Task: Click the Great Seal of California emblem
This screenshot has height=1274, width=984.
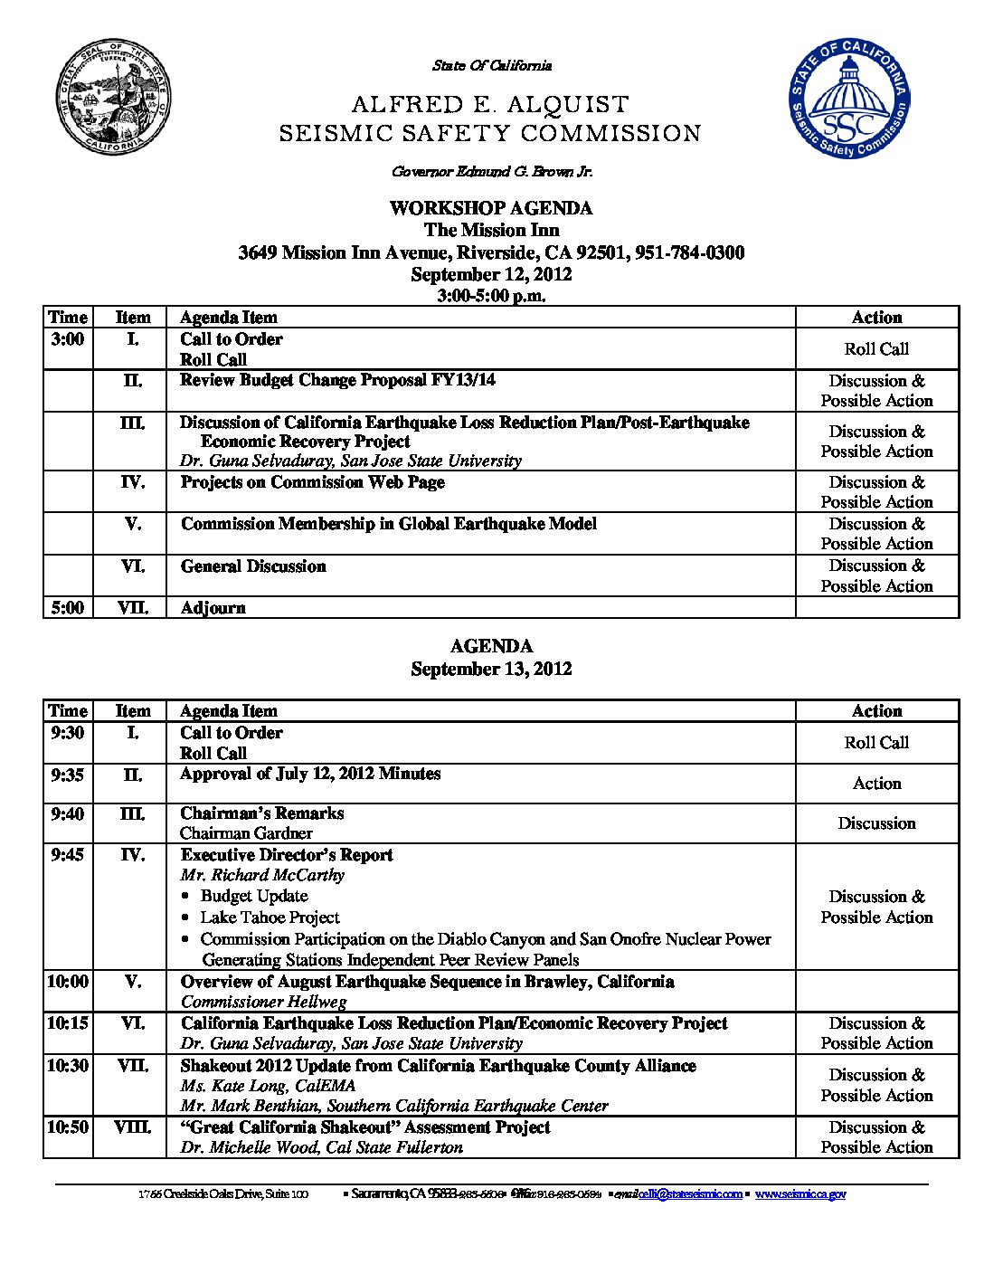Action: [x=113, y=98]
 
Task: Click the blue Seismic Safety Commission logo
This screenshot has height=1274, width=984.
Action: [x=847, y=99]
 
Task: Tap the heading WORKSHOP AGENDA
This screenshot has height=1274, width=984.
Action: [x=491, y=208]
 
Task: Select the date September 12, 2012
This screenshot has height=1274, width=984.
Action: [x=491, y=274]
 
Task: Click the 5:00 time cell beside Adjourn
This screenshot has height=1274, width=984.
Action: [x=68, y=608]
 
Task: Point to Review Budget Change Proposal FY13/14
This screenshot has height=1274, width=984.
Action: [x=337, y=380]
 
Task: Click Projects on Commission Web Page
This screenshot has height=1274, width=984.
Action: [x=312, y=482]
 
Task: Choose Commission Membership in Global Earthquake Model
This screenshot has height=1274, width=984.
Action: [x=389, y=524]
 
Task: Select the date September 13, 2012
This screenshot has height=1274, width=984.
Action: [x=491, y=669]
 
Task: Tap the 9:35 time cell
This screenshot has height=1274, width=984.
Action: [x=68, y=775]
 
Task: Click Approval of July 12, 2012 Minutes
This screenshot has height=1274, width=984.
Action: [x=310, y=774]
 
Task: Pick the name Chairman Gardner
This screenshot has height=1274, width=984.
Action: [x=246, y=833]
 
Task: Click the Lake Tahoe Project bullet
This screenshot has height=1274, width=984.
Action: [x=270, y=917]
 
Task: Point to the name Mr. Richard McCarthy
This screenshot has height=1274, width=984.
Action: [x=262, y=875]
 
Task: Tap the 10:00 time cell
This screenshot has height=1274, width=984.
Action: [x=68, y=982]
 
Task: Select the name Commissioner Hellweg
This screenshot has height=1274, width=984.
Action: [x=263, y=1002]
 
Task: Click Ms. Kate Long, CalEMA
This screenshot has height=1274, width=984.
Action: [x=268, y=1086]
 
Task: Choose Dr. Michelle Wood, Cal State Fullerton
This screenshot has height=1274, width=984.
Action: [x=321, y=1147]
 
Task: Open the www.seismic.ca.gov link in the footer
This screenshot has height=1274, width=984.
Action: [x=800, y=1194]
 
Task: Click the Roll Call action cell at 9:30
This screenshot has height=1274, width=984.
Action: [x=876, y=743]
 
